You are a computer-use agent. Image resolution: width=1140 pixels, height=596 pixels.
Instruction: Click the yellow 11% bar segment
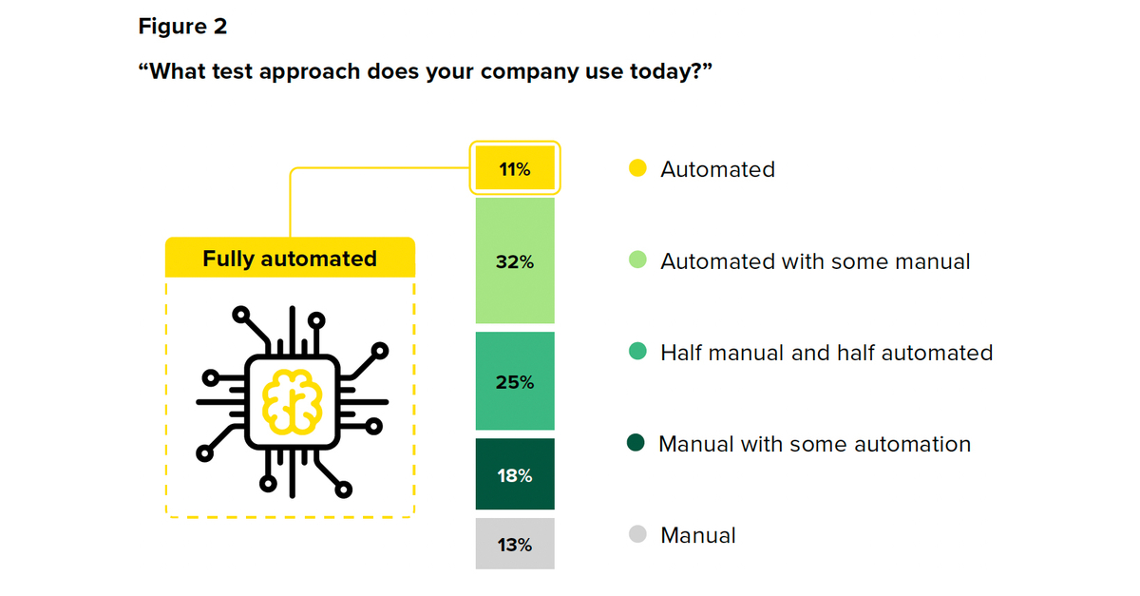coord(515,167)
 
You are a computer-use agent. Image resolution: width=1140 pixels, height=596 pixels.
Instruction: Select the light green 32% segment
coord(515,260)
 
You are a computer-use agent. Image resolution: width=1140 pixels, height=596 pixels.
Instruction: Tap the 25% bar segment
coord(515,381)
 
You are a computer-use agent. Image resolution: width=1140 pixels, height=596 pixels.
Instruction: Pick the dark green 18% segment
coord(515,473)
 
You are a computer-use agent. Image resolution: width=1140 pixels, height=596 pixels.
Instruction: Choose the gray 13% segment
coord(515,544)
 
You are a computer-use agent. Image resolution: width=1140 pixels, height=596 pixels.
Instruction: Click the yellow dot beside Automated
coord(637,168)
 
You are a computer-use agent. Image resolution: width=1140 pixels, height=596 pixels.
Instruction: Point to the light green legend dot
coord(637,260)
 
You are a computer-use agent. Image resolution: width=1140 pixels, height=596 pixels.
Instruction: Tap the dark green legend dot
coord(636,443)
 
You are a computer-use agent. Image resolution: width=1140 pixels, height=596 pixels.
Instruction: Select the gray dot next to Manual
coord(637,534)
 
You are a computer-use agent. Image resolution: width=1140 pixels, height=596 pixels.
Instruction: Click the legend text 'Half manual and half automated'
coord(826,353)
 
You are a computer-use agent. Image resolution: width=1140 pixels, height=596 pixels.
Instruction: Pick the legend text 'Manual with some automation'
coord(815,444)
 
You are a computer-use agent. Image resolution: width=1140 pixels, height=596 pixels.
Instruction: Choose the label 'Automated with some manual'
coord(815,261)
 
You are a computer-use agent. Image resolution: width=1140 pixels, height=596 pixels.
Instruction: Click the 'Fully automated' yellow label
coord(290,258)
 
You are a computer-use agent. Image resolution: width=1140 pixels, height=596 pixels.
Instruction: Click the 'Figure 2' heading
coord(182,26)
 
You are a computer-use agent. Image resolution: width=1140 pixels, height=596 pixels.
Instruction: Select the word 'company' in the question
coord(529,72)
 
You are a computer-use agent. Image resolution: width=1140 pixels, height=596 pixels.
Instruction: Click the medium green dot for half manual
coord(637,351)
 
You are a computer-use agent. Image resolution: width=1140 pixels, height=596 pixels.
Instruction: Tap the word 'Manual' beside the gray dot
coord(697,535)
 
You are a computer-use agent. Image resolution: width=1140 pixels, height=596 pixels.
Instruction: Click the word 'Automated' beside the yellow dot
coord(717,169)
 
